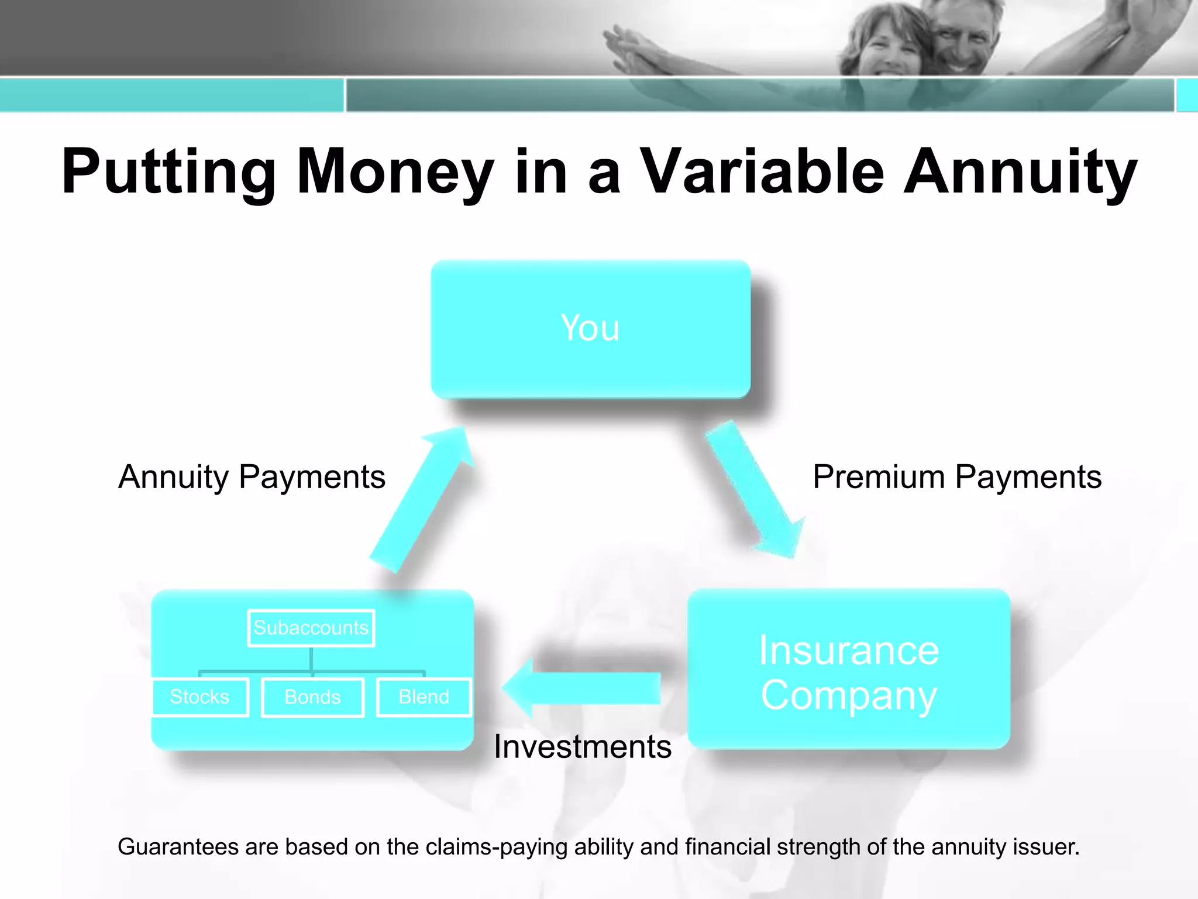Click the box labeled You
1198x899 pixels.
(590, 329)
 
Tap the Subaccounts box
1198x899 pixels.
(311, 628)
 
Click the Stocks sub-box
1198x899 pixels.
(199, 696)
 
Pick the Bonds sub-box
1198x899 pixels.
(312, 697)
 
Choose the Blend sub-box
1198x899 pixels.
(424, 696)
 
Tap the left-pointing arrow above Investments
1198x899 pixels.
(582, 688)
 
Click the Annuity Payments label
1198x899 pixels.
(252, 477)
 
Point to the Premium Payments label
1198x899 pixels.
(957, 477)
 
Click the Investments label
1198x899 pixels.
(583, 747)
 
